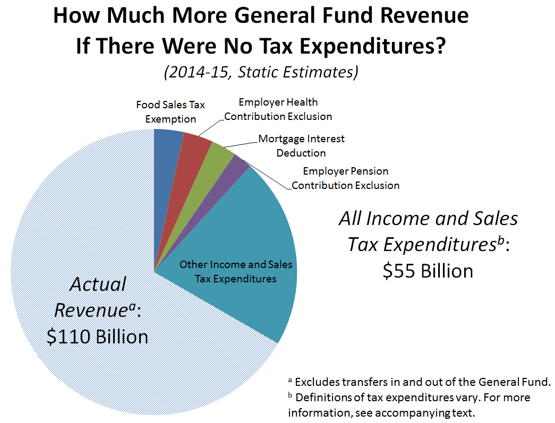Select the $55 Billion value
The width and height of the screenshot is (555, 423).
click(428, 271)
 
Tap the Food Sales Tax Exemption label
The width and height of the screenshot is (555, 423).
click(170, 112)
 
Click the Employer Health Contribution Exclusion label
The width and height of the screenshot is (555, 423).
click(278, 109)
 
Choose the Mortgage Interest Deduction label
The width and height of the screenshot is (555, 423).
click(301, 146)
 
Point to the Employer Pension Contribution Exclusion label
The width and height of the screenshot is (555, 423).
click(345, 178)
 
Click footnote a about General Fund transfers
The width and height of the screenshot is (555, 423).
click(419, 382)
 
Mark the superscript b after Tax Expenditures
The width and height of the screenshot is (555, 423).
click(500, 240)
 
